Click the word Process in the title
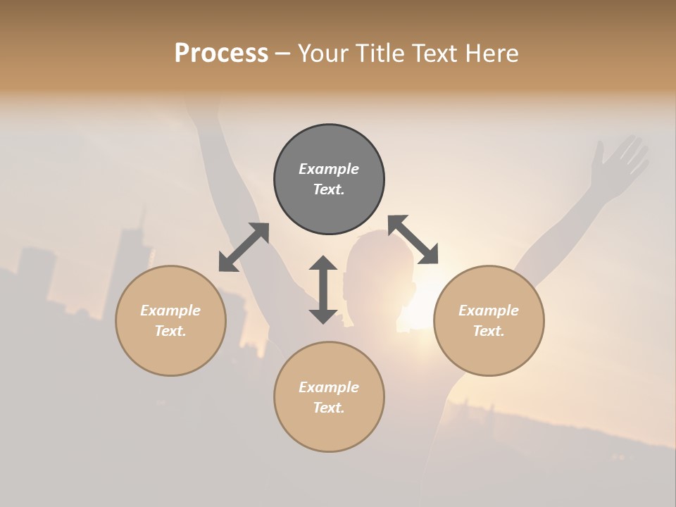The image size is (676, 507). coord(221,54)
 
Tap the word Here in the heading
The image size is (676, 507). coord(490,54)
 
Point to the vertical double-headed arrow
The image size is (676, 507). coord(323,289)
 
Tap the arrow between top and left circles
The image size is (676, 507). coord(244,247)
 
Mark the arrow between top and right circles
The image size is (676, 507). coord(413,239)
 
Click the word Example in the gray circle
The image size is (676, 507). coord(329,169)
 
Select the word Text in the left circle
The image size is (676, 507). coord(170,331)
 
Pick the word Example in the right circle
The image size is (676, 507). coord(489,311)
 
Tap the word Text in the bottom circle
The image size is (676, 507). coord(329,408)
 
